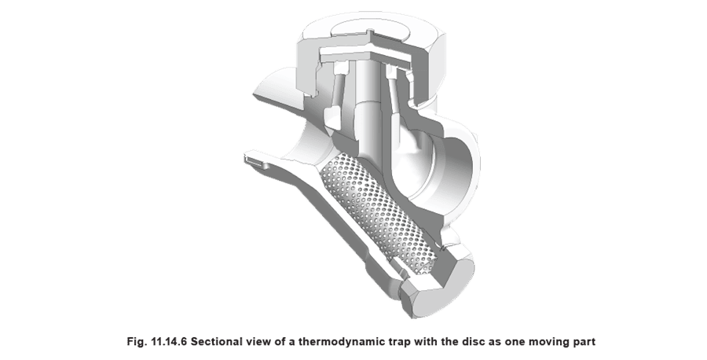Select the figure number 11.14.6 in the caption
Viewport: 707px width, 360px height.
(167, 341)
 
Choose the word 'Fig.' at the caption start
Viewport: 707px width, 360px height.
(137, 341)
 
